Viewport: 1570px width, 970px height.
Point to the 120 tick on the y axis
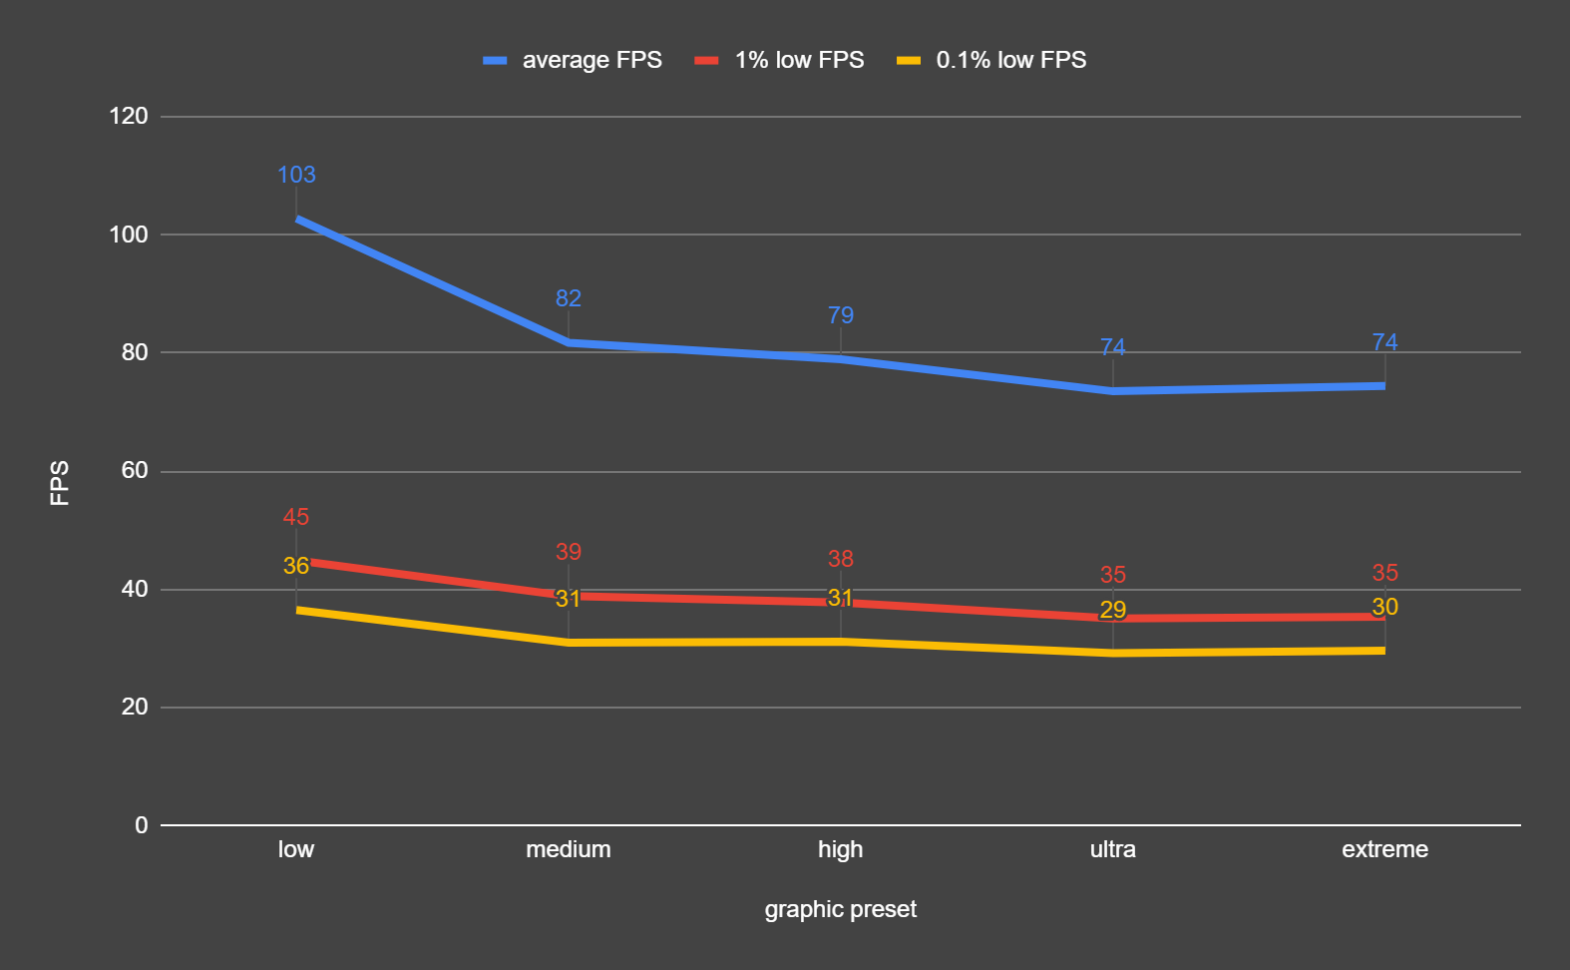tap(129, 116)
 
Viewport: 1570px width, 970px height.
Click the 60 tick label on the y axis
tap(135, 470)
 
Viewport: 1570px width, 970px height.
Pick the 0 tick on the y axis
tap(142, 825)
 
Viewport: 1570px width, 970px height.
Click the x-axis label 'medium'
tap(568, 849)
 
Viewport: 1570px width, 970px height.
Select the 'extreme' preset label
tap(1384, 849)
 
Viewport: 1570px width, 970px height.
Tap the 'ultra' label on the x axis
tap(1112, 849)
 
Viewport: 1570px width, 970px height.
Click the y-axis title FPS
tap(60, 483)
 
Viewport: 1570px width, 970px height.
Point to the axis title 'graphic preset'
tap(840, 909)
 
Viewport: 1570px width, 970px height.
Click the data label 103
tap(296, 175)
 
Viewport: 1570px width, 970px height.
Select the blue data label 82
tap(569, 298)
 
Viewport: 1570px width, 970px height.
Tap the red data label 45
tap(296, 517)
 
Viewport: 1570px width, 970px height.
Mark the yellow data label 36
tap(296, 566)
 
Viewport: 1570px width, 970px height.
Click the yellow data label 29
tap(1113, 610)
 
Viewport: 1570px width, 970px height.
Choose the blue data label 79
tap(841, 315)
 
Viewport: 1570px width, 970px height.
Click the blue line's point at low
tap(297, 219)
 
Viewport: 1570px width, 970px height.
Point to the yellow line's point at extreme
tap(1383, 651)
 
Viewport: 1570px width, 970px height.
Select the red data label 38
tap(841, 559)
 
